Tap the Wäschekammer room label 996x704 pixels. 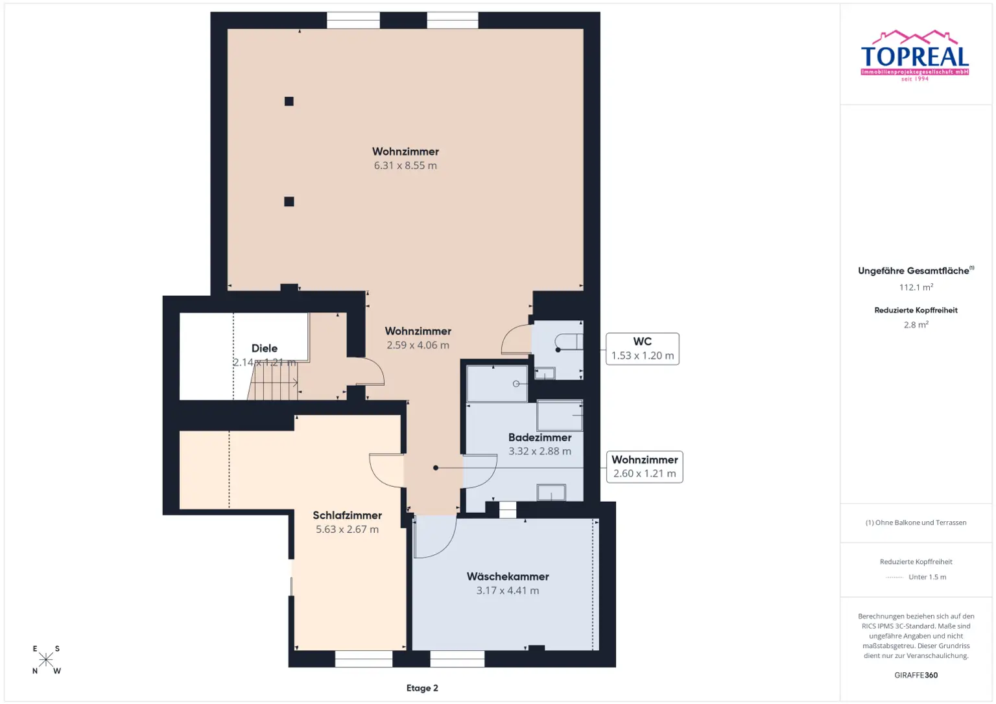tap(508, 576)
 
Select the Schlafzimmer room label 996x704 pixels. tap(347, 515)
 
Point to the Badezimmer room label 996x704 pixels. tap(539, 438)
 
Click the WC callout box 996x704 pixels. tap(642, 349)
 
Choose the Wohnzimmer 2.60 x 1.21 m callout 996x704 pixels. tap(645, 467)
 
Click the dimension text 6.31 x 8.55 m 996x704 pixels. tap(405, 166)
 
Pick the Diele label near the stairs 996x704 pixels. tap(265, 349)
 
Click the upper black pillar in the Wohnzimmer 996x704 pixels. tap(289, 101)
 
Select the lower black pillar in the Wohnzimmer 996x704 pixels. tap(289, 202)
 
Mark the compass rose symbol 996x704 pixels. tap(46, 660)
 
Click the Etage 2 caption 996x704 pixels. tap(422, 688)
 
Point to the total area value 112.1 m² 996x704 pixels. tap(916, 287)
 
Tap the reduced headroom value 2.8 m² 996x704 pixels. tap(916, 325)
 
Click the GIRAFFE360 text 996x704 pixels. tap(916, 675)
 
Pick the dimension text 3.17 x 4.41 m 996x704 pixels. tap(508, 591)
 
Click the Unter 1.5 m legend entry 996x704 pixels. tap(927, 577)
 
